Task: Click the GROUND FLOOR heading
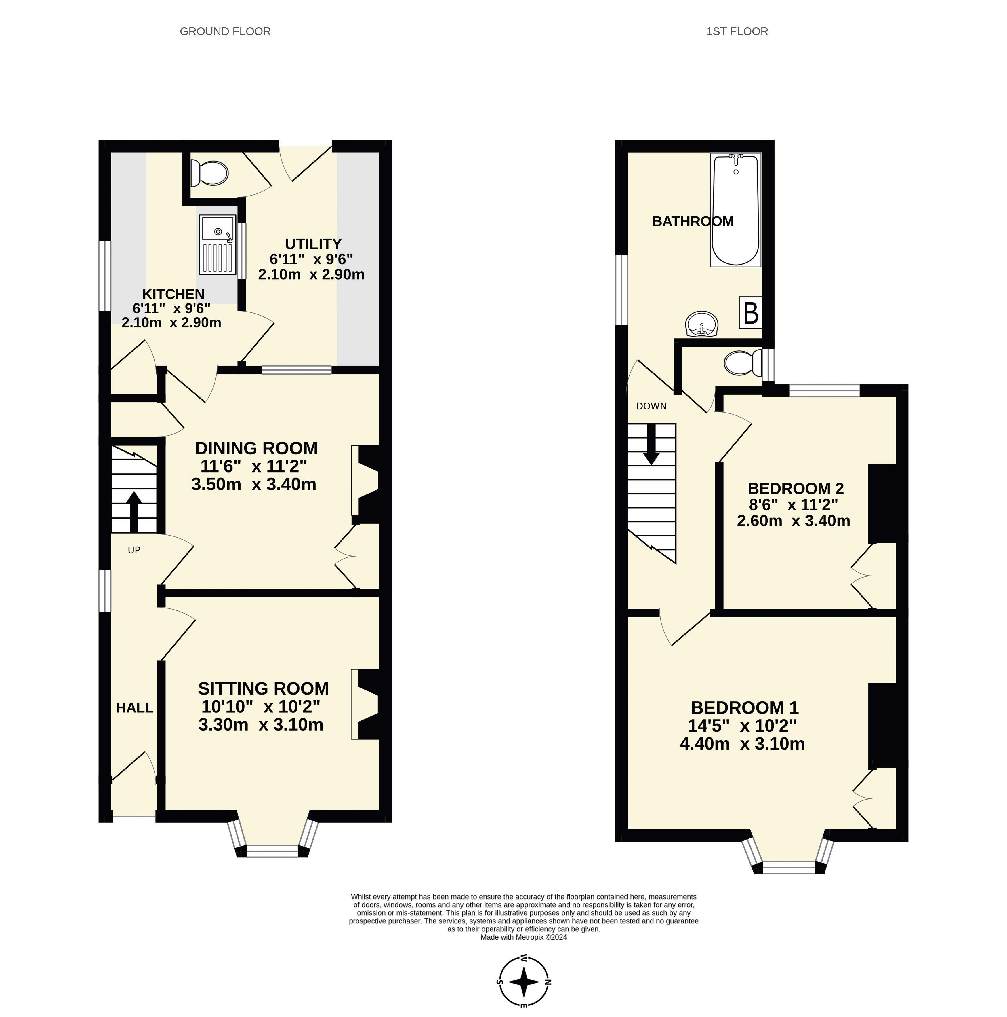[x=225, y=32]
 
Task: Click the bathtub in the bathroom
[x=735, y=210]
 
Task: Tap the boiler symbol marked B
[x=751, y=313]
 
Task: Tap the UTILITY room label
[x=313, y=244]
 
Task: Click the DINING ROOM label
[x=256, y=449]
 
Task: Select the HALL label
[x=135, y=708]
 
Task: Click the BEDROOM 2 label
[x=796, y=489]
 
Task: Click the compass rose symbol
[x=524, y=982]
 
